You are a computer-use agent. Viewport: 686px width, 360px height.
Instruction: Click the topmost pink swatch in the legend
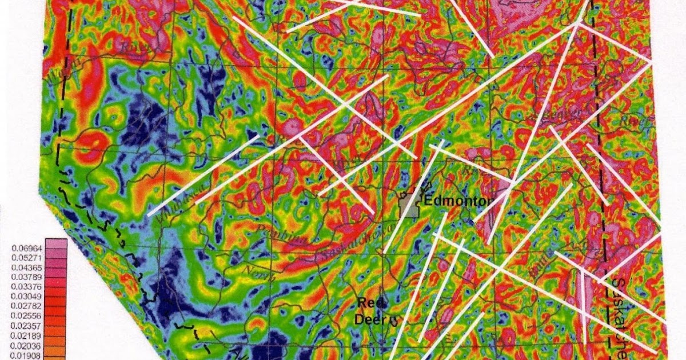click(57, 245)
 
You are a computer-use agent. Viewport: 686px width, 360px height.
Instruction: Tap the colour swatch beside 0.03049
click(57, 296)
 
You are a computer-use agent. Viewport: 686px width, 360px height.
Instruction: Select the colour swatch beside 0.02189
click(57, 334)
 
